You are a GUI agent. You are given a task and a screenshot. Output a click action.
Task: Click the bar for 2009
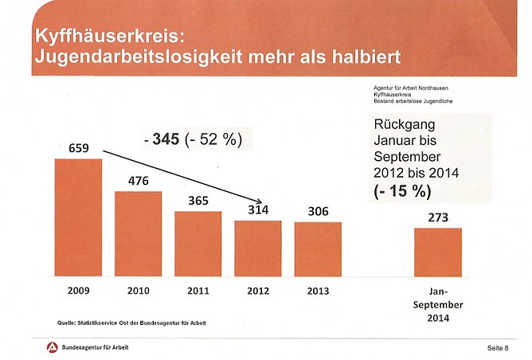[78, 217]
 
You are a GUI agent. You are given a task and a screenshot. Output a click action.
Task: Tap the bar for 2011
[198, 244]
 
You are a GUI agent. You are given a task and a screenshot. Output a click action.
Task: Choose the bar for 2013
[318, 248]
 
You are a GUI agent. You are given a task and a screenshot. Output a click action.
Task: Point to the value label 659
[78, 147]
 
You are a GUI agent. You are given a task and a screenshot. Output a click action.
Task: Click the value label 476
[139, 180]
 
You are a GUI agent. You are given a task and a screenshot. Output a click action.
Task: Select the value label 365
[198, 200]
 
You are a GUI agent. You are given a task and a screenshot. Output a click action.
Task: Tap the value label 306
[318, 211]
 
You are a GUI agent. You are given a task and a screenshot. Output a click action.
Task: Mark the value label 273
[437, 217]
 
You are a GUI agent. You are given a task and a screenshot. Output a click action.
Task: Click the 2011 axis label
[198, 292]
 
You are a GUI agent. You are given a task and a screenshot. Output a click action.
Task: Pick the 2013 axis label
[318, 292]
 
